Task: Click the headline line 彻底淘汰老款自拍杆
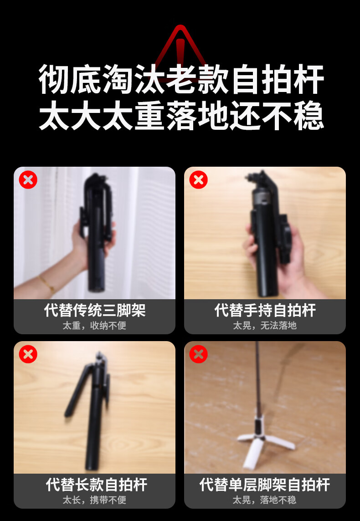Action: [181, 80]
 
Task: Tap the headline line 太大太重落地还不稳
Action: [181, 115]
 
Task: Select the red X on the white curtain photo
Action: [28, 180]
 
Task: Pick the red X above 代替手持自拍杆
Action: [198, 180]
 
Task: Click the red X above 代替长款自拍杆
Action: [28, 354]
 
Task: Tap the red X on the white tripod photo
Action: [198, 354]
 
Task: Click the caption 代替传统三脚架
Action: [95, 310]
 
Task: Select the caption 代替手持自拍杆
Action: [265, 310]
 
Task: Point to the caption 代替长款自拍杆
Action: [97, 485]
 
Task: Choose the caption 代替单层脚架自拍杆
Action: [265, 485]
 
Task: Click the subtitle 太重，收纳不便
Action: [95, 326]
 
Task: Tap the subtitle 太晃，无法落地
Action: [265, 326]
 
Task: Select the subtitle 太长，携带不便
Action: [95, 500]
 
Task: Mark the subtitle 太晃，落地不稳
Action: [265, 500]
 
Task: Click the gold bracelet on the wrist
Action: [46, 285]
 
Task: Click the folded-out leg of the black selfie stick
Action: [77, 390]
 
